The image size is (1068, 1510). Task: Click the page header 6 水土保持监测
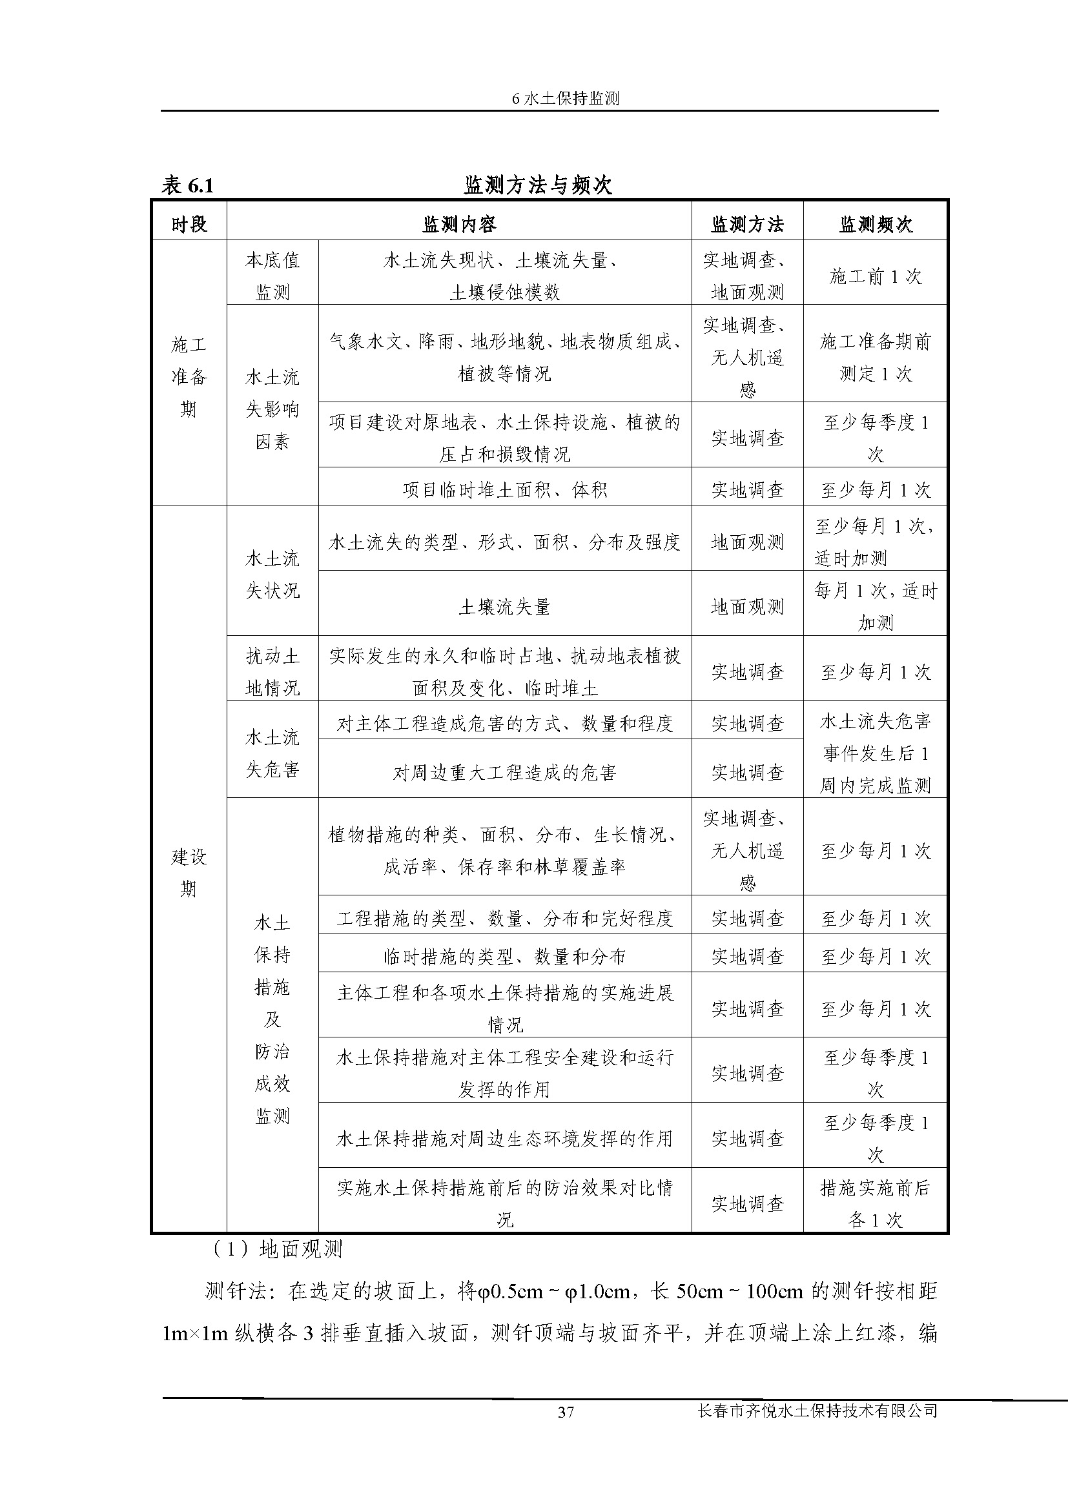point(566,99)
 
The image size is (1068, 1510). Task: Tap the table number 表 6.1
point(188,186)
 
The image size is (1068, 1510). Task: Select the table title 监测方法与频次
point(538,185)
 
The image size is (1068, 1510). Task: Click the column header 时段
point(189,225)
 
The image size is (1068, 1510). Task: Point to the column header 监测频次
point(876,225)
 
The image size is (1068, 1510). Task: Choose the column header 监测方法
point(747,225)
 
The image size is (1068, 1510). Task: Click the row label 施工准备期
point(189,377)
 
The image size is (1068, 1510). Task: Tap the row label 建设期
point(189,873)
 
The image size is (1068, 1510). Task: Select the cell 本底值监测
point(272,276)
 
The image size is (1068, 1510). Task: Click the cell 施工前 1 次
point(876,277)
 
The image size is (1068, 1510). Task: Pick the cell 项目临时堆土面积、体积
point(504,490)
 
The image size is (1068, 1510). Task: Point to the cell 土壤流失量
point(504,607)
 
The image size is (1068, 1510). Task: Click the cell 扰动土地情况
point(272,672)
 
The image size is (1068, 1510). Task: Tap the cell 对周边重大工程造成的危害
point(504,773)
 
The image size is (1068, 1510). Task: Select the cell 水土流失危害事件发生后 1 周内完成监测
point(876,753)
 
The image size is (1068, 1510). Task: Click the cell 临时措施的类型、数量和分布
point(504,957)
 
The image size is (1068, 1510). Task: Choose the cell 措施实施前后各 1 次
point(876,1204)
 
